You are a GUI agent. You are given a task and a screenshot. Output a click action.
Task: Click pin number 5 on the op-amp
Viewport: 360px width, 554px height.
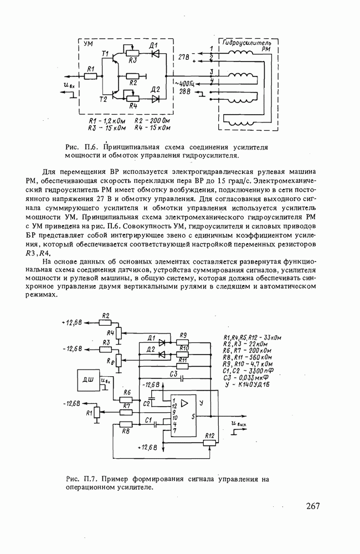[x=193, y=416]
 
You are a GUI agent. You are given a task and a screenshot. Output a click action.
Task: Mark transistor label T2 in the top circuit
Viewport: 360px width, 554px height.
[x=102, y=100]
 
